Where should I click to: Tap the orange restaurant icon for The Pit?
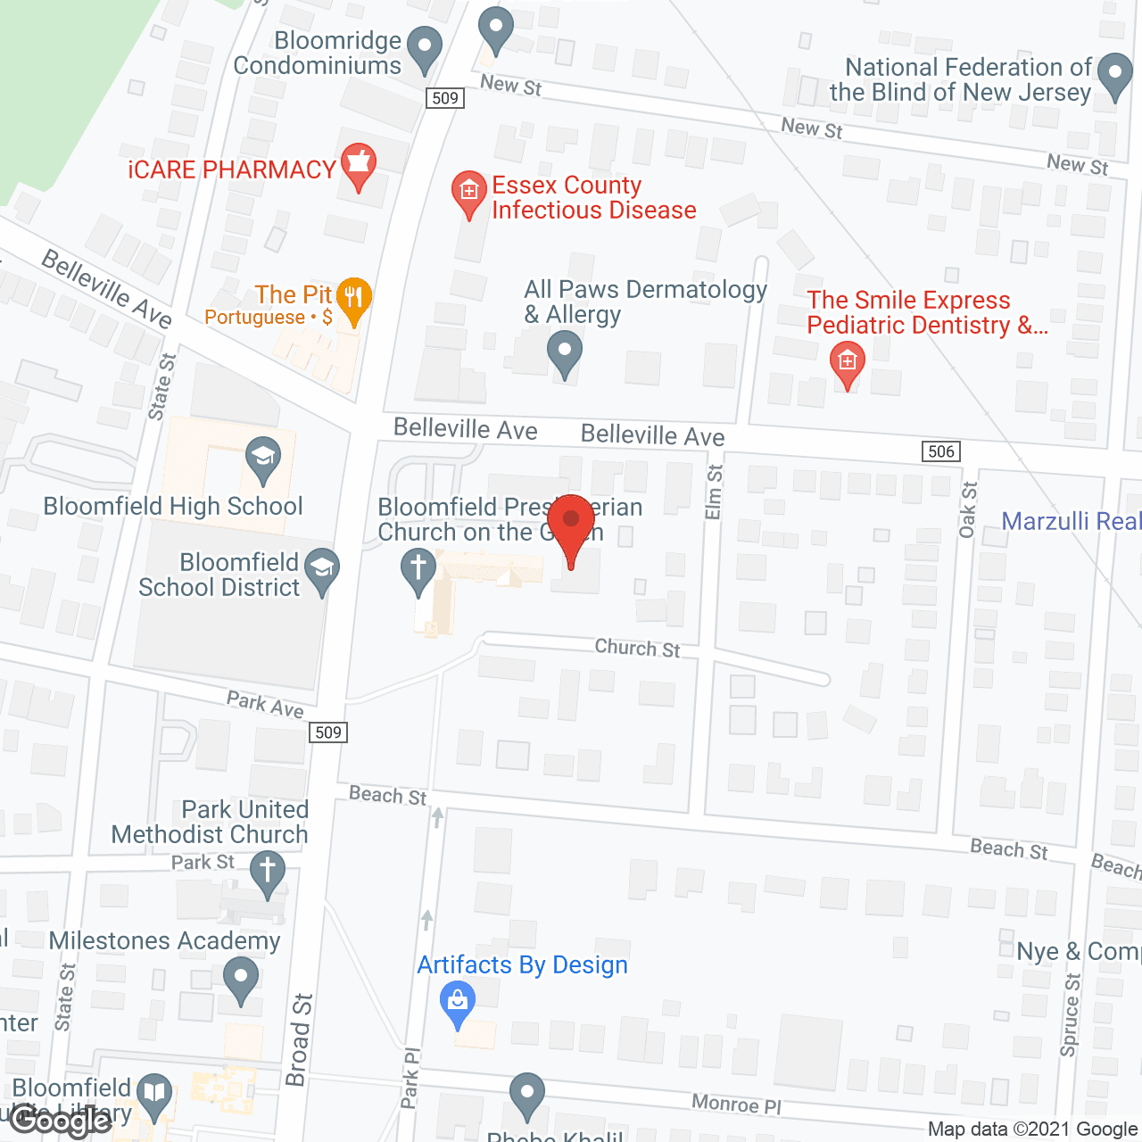[x=355, y=299]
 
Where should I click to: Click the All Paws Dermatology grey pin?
[x=564, y=352]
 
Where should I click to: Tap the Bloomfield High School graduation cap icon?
[x=263, y=459]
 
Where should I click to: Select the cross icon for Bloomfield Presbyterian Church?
[x=418, y=569]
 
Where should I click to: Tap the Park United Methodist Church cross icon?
[x=267, y=872]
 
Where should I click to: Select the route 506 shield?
[x=941, y=451]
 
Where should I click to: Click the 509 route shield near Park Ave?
[x=328, y=732]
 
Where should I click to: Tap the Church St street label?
[x=637, y=649]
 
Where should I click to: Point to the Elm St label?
[x=714, y=492]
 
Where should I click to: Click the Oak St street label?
[x=968, y=510]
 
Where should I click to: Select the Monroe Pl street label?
[x=736, y=1105]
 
